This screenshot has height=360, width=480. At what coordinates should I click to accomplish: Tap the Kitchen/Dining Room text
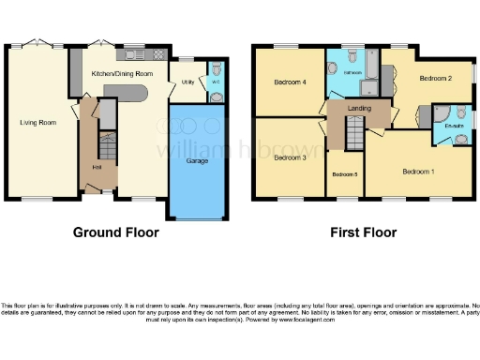(122, 73)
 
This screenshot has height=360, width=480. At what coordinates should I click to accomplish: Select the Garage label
(196, 160)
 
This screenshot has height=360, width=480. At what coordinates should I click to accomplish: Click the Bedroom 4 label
(289, 82)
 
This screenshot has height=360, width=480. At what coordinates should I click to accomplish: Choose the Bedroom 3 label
(289, 157)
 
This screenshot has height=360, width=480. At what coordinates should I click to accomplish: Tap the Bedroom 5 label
(344, 174)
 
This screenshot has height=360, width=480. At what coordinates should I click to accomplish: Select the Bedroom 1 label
(418, 172)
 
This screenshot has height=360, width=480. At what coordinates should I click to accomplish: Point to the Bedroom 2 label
(435, 78)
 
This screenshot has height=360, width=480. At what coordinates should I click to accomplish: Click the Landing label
(359, 109)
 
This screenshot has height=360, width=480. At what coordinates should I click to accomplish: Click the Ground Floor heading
(115, 232)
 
